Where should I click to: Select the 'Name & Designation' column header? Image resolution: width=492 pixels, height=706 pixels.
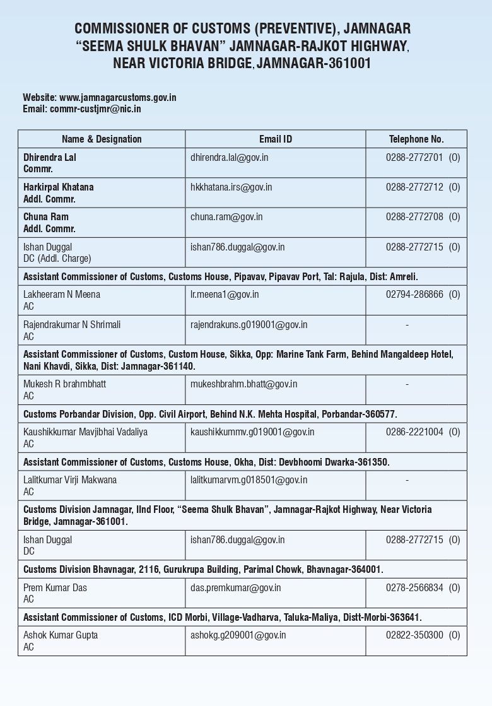coord(102,139)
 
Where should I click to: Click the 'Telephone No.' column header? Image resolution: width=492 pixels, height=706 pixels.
coord(416,139)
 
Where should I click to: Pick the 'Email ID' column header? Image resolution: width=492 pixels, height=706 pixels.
coord(276,139)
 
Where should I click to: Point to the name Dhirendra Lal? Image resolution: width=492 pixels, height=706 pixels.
coord(50,157)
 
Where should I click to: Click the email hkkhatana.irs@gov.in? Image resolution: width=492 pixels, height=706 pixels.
coord(231,187)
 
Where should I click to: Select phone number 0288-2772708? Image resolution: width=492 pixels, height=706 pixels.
coord(414,217)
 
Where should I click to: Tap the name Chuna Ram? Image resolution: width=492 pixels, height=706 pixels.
coord(46,217)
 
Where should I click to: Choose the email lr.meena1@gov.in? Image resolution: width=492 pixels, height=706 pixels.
coord(225,294)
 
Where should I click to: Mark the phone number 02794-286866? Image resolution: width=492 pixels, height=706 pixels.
coord(414,294)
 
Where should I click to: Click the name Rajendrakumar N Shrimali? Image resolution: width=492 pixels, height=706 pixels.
coord(72,324)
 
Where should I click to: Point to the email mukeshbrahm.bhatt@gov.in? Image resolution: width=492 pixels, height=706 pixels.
coord(244,384)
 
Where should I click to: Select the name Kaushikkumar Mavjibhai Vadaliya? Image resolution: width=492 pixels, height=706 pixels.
coord(86,432)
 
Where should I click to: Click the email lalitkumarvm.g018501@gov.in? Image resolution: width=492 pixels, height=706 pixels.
coord(249,479)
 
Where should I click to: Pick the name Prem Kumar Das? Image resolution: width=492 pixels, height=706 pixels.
coord(55,587)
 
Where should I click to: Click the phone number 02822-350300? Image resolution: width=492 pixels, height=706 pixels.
coord(414,635)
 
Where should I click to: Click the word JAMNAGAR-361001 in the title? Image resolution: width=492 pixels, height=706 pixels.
coord(314,63)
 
